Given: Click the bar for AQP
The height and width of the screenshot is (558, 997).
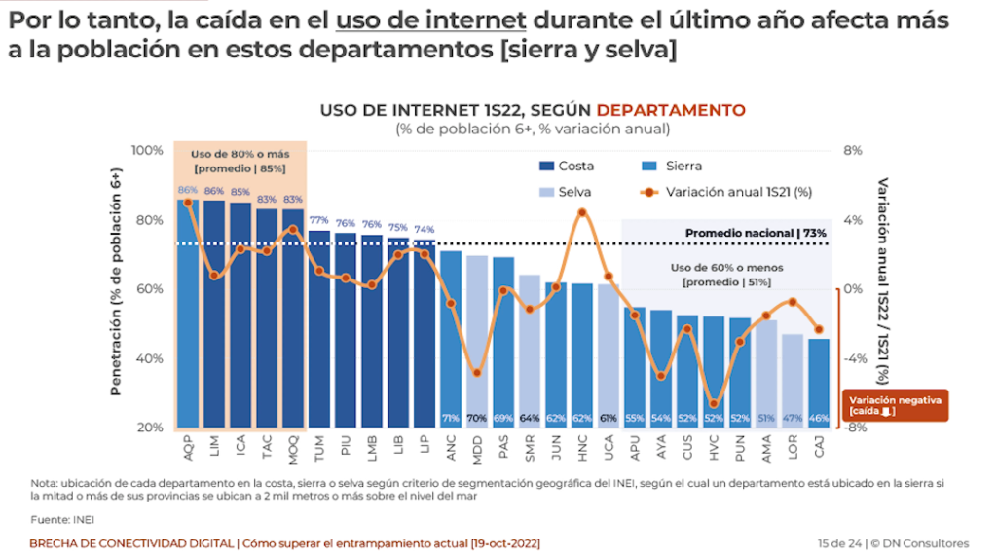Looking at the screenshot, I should tap(188, 312).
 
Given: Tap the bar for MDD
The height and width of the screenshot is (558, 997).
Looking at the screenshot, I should tap(477, 341).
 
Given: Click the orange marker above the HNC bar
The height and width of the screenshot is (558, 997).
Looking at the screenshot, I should tap(582, 212).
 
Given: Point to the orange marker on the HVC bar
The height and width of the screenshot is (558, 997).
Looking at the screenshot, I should tap(714, 403).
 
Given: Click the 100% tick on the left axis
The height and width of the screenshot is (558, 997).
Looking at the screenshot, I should tap(147, 151).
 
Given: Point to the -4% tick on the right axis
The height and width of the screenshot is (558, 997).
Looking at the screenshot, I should tap(852, 358).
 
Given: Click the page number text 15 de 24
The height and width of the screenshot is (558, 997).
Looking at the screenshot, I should tap(841, 542).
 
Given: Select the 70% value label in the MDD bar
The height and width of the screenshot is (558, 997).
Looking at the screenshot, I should tap(477, 419).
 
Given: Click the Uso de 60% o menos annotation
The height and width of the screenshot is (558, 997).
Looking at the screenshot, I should tap(726, 267).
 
